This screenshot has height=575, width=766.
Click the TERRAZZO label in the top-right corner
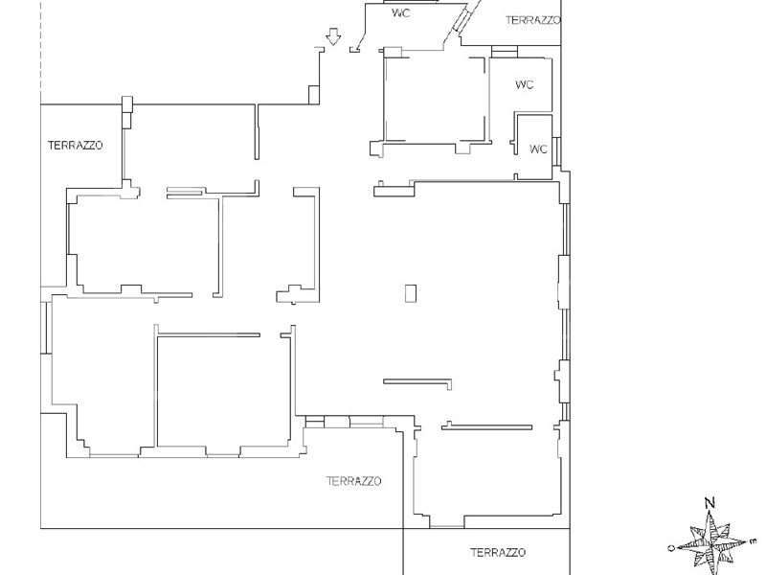533,20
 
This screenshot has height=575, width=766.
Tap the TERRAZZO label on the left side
76,146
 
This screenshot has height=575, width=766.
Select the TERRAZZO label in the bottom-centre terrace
353,481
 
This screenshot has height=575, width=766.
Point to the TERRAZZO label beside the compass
498,553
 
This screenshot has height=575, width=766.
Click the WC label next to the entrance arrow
401,13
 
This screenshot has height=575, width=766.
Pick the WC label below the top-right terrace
524,84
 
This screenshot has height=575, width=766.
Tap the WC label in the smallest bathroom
538,149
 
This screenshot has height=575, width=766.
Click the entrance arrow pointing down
333,36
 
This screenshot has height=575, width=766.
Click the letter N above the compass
710,502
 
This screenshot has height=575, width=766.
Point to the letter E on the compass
753,540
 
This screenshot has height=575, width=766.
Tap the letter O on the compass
672,547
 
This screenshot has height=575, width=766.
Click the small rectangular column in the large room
411,293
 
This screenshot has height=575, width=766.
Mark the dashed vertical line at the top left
41,52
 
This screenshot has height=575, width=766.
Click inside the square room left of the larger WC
435,101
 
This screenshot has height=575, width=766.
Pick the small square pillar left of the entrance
314,95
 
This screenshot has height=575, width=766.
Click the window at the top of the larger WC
505,52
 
